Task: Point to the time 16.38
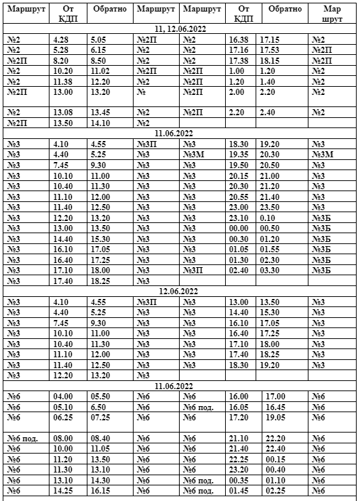point(239,40)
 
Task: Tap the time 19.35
point(239,155)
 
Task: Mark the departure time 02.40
point(239,270)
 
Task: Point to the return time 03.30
point(271,270)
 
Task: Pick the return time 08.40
point(100,439)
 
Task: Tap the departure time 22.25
point(239,460)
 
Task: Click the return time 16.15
point(100,491)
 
